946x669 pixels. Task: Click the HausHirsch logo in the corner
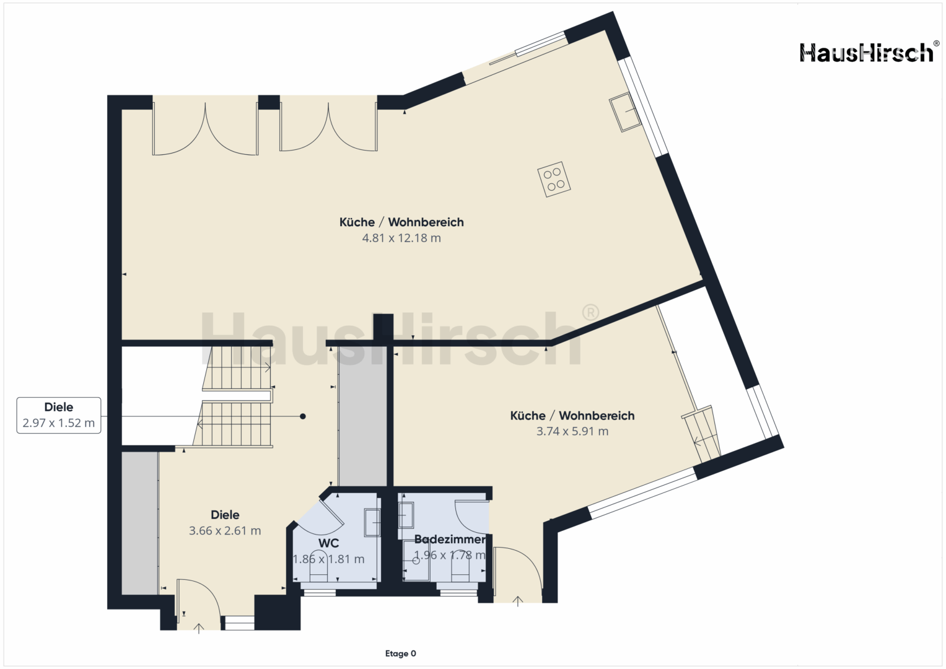tap(867, 53)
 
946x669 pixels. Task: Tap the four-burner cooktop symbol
tap(554, 179)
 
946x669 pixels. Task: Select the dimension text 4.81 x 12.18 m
tap(401, 238)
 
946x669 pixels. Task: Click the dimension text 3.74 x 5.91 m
tap(572, 431)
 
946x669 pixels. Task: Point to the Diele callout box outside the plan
tap(59, 415)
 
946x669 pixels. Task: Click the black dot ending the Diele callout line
tap(303, 416)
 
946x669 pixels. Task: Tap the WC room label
tap(328, 543)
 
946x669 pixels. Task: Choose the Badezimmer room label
tap(450, 540)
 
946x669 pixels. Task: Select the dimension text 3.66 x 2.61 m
tap(225, 530)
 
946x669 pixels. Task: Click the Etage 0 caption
tap(400, 654)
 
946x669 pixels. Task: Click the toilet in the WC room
tap(319, 572)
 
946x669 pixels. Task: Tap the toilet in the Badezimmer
tap(460, 572)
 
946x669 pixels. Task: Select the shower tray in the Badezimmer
tap(416, 561)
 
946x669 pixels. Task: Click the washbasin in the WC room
tap(372, 522)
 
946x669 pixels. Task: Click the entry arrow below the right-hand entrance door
tap(518, 601)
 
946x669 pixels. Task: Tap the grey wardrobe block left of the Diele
tap(140, 523)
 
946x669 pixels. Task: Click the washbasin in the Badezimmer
tap(405, 515)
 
